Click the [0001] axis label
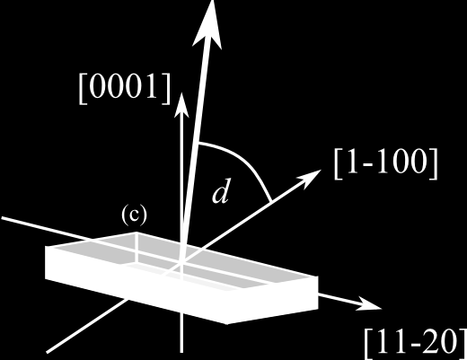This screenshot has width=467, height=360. click(x=125, y=89)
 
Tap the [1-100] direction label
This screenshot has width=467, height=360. click(x=386, y=163)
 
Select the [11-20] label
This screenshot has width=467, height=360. click(x=416, y=344)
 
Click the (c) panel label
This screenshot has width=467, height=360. click(x=135, y=215)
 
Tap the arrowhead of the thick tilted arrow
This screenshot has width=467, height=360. click(x=207, y=25)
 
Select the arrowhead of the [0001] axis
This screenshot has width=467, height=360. click(x=181, y=105)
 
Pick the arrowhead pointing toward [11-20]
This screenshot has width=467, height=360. click(x=370, y=304)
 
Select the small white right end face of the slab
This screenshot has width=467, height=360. click(x=272, y=299)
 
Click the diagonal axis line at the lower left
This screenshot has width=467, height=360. click(x=87, y=326)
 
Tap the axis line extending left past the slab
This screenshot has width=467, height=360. click(x=45, y=229)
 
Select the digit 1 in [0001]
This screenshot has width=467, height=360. click(x=151, y=88)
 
